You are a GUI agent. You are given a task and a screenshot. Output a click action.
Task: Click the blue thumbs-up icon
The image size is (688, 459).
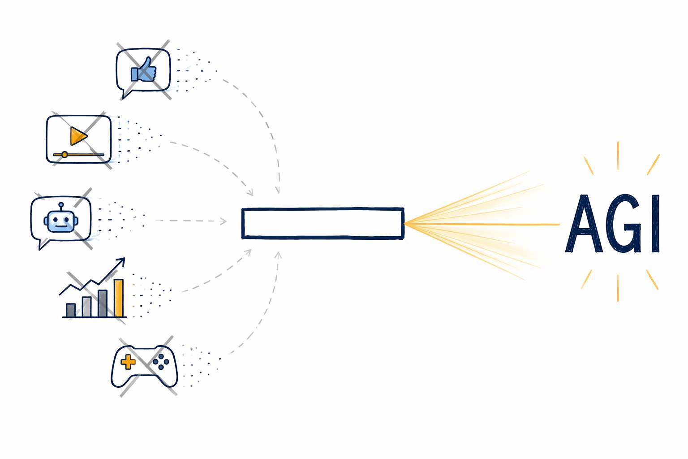[x=143, y=70]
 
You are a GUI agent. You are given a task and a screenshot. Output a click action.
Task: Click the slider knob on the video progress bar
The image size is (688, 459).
[x=64, y=155]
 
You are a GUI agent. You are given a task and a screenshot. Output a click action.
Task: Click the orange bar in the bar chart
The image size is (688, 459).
[x=119, y=298]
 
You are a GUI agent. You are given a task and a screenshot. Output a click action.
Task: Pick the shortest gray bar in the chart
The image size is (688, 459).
[x=71, y=310]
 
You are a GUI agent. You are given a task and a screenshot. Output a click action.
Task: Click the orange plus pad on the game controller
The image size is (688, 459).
[x=128, y=362]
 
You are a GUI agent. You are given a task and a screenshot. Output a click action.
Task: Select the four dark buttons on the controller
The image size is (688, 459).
[x=161, y=362]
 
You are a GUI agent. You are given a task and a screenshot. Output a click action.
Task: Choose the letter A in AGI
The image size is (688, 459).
[x=584, y=224]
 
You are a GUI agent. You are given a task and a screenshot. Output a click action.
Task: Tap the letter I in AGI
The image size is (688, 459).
[x=655, y=224]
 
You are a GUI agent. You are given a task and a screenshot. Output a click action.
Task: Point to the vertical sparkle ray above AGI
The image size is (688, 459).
[x=618, y=156]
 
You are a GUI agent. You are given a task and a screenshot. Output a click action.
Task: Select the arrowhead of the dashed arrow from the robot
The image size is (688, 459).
[x=224, y=221]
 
